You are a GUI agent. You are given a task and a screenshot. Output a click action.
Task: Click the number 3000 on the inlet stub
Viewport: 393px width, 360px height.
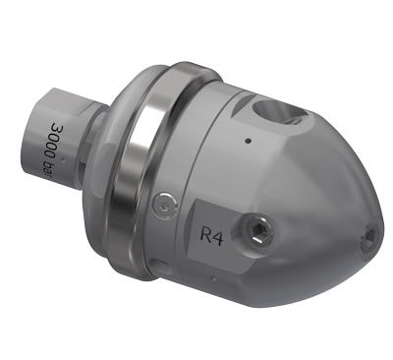click(54, 141)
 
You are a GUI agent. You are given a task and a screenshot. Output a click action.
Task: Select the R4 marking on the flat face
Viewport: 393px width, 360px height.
click(211, 235)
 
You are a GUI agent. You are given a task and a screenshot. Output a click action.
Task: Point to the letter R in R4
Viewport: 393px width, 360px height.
click(206, 234)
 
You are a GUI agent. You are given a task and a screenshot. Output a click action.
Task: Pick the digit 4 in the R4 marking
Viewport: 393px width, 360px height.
click(218, 237)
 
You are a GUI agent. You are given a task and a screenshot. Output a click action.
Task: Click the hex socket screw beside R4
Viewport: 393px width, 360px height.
click(257, 232)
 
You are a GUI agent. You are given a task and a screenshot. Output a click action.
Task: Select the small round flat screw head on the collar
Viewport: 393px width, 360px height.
click(165, 206)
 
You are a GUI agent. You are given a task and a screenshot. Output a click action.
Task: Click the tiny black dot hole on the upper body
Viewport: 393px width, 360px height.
click(248, 141)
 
